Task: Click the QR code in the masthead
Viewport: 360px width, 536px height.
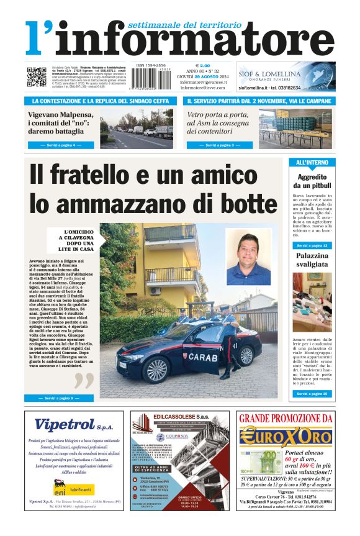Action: point(37,77)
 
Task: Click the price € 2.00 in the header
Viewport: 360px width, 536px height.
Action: point(203,65)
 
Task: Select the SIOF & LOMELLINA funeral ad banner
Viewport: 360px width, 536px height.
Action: point(286,77)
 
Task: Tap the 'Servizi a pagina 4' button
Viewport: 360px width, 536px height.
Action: point(61,145)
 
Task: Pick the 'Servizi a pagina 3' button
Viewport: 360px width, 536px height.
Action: point(220,145)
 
